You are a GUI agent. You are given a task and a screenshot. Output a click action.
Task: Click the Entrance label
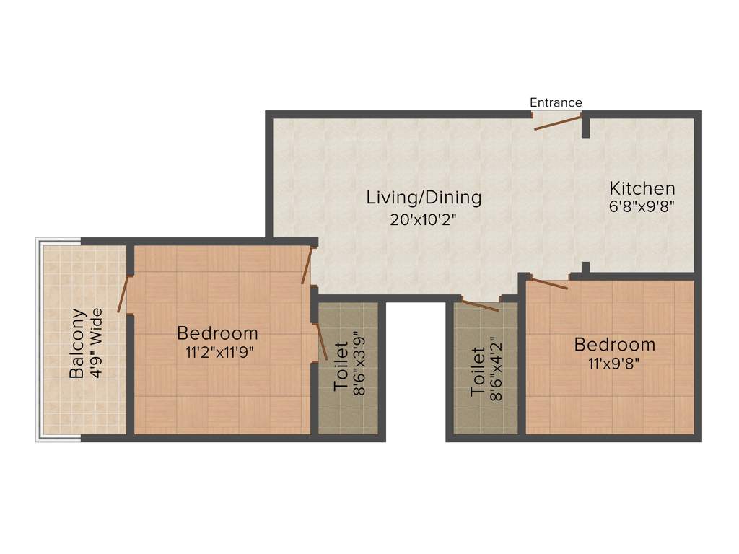pyautogui.click(x=556, y=102)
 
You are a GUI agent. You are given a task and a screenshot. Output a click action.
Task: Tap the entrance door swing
pyautogui.click(x=558, y=122)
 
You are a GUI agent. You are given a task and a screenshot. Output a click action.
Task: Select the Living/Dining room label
pyautogui.click(x=424, y=197)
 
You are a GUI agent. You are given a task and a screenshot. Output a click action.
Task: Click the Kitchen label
pyautogui.click(x=642, y=189)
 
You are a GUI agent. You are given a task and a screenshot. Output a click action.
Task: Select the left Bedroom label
pyautogui.click(x=217, y=333)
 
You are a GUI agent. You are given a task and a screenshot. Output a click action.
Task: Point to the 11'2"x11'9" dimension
pyautogui.click(x=217, y=353)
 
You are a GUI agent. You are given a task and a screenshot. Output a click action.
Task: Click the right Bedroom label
pyautogui.click(x=615, y=345)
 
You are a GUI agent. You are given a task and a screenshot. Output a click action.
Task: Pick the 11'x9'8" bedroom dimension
pyautogui.click(x=615, y=364)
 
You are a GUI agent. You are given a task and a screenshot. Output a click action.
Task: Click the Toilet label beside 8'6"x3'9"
pyautogui.click(x=341, y=366)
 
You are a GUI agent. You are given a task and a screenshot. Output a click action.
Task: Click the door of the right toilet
pyautogui.click(x=480, y=305)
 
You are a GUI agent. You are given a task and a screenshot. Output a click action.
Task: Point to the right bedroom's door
pyautogui.click(x=548, y=282)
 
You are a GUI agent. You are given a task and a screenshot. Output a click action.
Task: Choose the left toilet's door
pyautogui.click(x=321, y=341)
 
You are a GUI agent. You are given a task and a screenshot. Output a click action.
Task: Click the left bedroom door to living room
pyautogui.click(x=307, y=265)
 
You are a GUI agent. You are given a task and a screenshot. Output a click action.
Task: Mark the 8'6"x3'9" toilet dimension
pyautogui.click(x=359, y=366)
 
